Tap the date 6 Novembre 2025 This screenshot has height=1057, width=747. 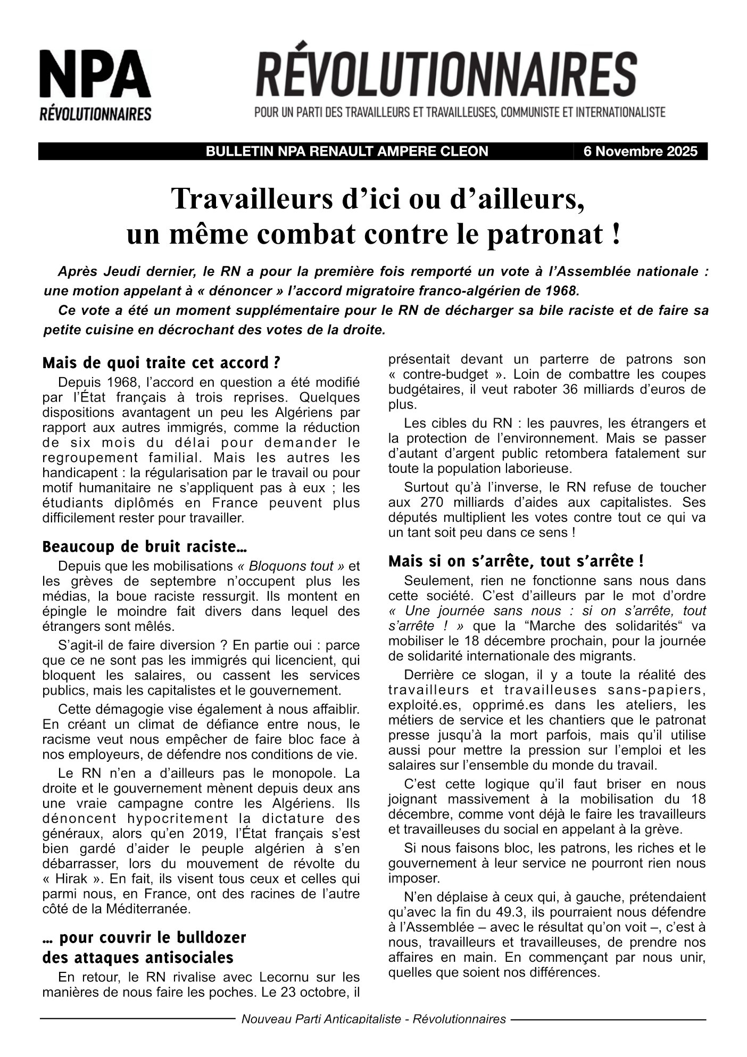640,152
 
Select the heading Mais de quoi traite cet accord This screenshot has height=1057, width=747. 161,363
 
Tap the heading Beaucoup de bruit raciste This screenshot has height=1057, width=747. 144,546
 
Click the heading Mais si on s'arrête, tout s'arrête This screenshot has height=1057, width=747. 516,561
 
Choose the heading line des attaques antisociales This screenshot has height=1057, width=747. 137,958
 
